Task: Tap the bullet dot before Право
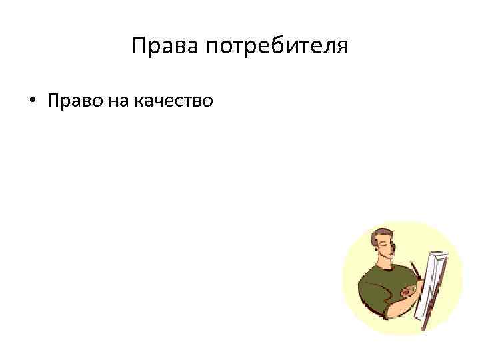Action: tap(31, 101)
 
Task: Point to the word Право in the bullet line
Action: tap(70, 101)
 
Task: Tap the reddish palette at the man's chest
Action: tap(407, 292)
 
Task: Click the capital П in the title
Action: tap(138, 46)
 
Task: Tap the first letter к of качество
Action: tap(139, 102)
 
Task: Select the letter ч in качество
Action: tap(159, 102)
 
